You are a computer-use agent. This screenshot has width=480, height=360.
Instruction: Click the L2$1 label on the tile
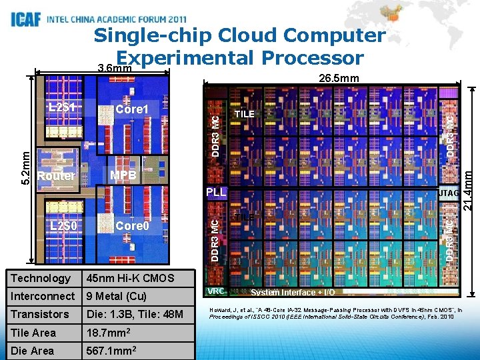point(65,107)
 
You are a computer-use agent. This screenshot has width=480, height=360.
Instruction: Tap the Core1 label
point(131,109)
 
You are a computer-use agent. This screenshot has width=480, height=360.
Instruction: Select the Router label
point(56,175)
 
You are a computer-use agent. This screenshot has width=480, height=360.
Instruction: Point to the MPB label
point(123,175)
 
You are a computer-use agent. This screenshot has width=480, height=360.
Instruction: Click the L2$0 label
point(65,225)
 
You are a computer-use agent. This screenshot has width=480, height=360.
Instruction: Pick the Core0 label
point(131,225)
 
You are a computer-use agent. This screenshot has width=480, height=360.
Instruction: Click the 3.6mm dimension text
point(114,69)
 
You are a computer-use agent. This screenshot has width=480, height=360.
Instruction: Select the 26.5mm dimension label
point(339,79)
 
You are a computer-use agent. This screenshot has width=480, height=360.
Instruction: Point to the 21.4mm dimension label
point(469,190)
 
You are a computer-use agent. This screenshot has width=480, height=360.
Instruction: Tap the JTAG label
point(446,193)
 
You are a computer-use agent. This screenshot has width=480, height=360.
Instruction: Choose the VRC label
point(215,291)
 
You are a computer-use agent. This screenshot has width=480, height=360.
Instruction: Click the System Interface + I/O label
point(293,292)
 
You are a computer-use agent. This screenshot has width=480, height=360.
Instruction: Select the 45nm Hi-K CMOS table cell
point(130,278)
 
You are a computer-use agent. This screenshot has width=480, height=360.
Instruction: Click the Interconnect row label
point(43,296)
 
